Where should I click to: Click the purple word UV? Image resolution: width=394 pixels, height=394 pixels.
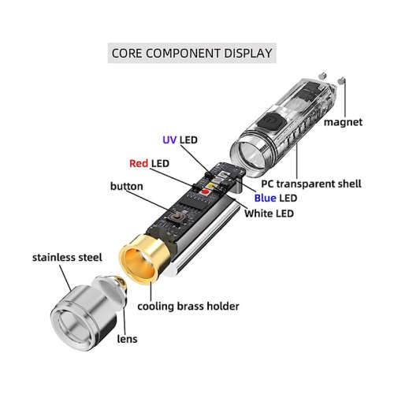click(x=169, y=139)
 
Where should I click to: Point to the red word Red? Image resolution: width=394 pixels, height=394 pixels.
click(x=138, y=163)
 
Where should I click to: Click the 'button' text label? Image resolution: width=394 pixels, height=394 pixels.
click(x=127, y=186)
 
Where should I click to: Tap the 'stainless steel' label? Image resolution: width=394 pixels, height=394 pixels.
click(x=66, y=257)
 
